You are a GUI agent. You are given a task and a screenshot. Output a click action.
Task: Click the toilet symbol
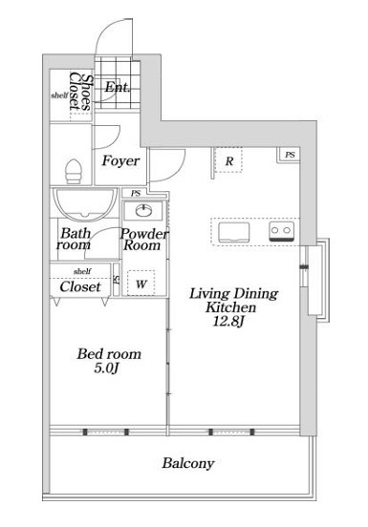pos(74,172)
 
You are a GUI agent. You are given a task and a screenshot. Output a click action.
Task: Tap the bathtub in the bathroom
pos(84,204)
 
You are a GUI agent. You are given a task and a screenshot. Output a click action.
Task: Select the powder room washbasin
pos(143,211)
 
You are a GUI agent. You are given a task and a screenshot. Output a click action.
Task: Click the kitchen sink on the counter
pos(234,232)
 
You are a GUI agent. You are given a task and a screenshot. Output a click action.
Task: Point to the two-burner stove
pos(282,231)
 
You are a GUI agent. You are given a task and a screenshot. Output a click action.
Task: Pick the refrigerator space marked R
pos(228,160)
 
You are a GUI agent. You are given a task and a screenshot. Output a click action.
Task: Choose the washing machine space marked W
pos(141,283)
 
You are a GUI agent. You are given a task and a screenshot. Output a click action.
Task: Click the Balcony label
pos(188,463)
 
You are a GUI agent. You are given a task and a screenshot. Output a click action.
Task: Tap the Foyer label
pos(120,161)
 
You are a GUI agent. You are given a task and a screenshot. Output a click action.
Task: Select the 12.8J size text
pos(228,322)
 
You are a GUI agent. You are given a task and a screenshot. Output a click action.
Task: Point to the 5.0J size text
pos(107,369)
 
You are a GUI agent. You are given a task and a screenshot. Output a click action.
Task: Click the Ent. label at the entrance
pos(117,88)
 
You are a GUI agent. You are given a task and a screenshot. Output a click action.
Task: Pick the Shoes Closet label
pos(80,92)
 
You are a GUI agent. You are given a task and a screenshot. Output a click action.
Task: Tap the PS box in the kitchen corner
pos(290,155)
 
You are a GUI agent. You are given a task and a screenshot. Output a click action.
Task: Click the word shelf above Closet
pos(82,271)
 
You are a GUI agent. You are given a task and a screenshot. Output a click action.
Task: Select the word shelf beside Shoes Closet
pos(59,95)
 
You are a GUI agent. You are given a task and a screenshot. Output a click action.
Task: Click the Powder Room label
pos(144,240)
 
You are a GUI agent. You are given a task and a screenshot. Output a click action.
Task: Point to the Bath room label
pos(75,239)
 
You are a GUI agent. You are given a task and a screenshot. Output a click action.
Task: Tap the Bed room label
pos(109,354)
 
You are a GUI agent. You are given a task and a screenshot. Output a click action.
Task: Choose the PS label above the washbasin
pos(136,193)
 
